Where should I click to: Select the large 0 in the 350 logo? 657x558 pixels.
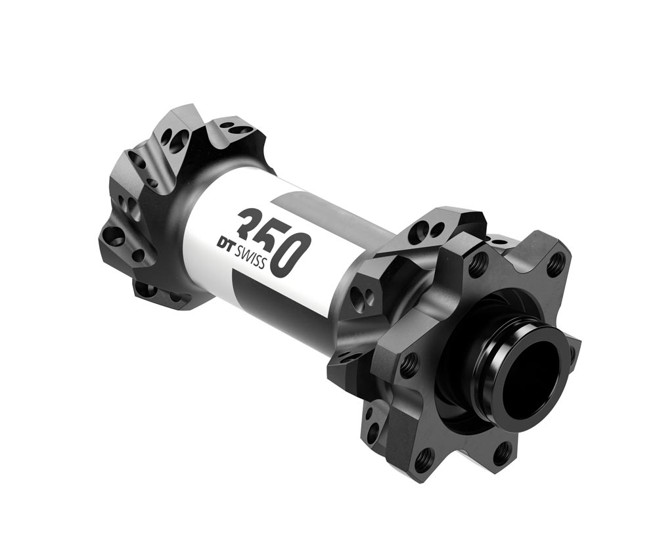290,253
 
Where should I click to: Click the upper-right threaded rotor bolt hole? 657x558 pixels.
556,265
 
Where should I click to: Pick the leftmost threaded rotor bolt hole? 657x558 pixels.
408,363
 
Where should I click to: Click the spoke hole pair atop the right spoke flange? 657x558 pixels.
419,230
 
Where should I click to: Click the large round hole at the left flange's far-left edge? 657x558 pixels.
112,235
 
